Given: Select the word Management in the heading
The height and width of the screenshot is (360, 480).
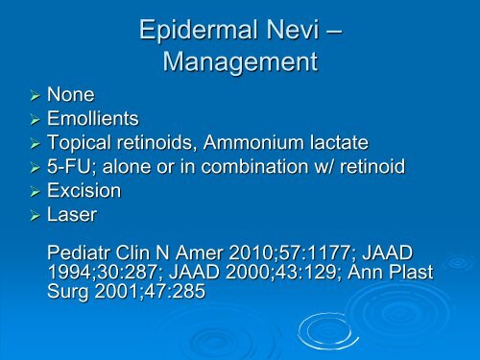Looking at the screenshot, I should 239,63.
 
